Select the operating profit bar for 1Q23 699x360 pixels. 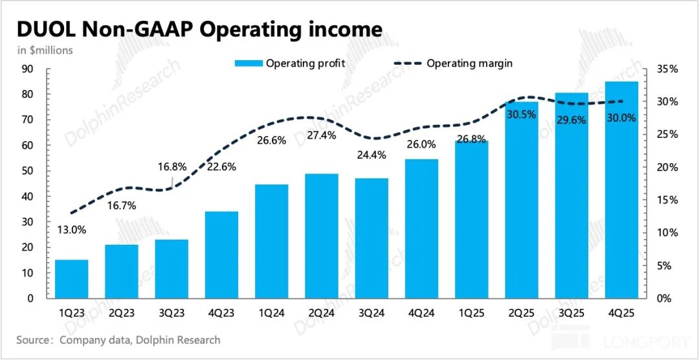tap(71, 279)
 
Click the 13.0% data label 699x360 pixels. tap(71, 229)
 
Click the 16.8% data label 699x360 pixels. tap(173, 166)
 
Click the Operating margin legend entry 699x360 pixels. tap(453, 63)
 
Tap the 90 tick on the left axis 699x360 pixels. tap(28, 69)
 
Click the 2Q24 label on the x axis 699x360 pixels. tap(322, 312)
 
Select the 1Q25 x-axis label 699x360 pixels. tap(471, 312)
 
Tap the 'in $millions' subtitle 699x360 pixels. tap(43, 49)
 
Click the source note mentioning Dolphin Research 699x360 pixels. tap(118, 340)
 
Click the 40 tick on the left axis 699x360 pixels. tap(28, 197)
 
